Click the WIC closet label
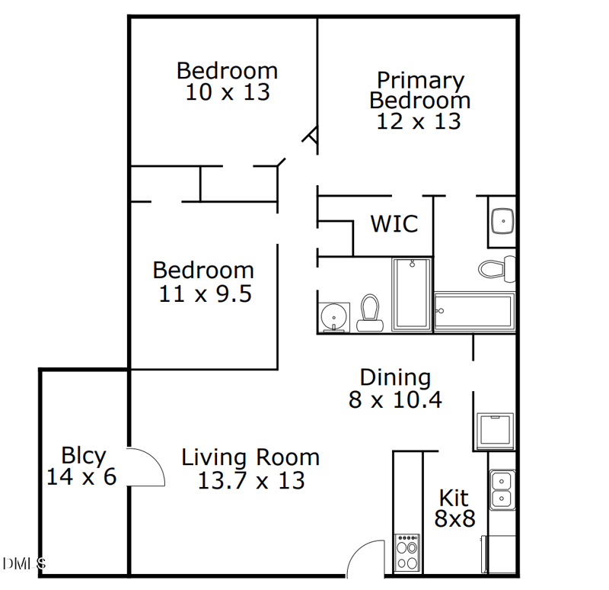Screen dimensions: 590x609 pyautogui.click(x=394, y=224)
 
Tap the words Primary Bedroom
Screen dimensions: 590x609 pyautogui.click(x=419, y=90)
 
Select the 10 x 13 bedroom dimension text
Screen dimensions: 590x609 pyautogui.click(x=227, y=92)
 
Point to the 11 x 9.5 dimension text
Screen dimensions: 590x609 pyautogui.click(x=205, y=293)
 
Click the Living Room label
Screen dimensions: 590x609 pyautogui.click(x=250, y=457)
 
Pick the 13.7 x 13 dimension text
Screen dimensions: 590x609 pyautogui.click(x=250, y=481)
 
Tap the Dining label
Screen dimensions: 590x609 pyautogui.click(x=395, y=377)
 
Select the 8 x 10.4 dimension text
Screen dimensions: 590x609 pyautogui.click(x=395, y=399)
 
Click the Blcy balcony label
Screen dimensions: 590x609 pyautogui.click(x=83, y=456)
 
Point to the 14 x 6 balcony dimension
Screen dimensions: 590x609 pyautogui.click(x=81, y=478)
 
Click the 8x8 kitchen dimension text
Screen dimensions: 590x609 pyautogui.click(x=454, y=519)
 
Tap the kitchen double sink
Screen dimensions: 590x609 pyautogui.click(x=502, y=490)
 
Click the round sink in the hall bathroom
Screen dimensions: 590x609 pyautogui.click(x=333, y=316)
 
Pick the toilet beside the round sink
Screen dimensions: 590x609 pyautogui.click(x=370, y=313)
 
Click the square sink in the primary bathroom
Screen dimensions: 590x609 pyautogui.click(x=502, y=221)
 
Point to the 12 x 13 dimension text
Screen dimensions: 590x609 pyautogui.click(x=419, y=121)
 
